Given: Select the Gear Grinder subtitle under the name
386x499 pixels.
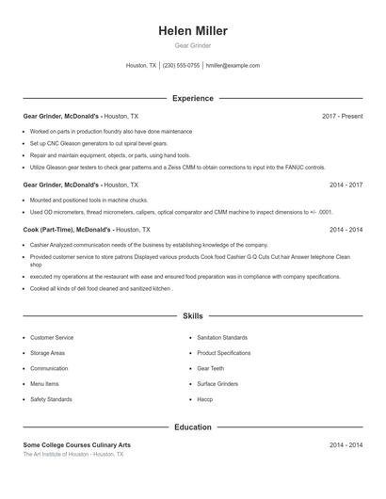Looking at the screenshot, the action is pyautogui.click(x=193, y=45).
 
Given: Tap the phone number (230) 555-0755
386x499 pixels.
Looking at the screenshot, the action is pyautogui.click(x=182, y=66).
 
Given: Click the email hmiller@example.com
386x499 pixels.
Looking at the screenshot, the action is pyautogui.click(x=233, y=66).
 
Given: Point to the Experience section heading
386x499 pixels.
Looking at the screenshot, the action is pyautogui.click(x=193, y=98).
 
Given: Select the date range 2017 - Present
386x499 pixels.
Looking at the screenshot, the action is pyautogui.click(x=342, y=116).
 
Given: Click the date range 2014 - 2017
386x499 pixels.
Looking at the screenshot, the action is pyautogui.click(x=346, y=185).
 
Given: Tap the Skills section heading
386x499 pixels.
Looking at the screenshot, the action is pyautogui.click(x=193, y=316).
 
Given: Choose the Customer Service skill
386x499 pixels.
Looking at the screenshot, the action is pyautogui.click(x=52, y=337).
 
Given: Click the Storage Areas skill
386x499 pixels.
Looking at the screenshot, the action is pyautogui.click(x=47, y=353).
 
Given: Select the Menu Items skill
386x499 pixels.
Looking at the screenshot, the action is pyautogui.click(x=44, y=384).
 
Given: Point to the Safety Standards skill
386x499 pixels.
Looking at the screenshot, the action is pyautogui.click(x=51, y=399).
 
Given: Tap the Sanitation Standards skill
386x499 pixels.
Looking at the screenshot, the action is pyautogui.click(x=222, y=337).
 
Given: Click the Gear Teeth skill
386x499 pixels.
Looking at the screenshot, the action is pyautogui.click(x=211, y=368).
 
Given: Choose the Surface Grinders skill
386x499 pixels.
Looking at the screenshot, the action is pyautogui.click(x=217, y=384).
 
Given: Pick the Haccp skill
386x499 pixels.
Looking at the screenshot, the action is pyautogui.click(x=205, y=399).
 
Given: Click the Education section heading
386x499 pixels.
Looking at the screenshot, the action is pyautogui.click(x=193, y=427).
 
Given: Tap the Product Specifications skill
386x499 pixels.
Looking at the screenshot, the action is pyautogui.click(x=224, y=353).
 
